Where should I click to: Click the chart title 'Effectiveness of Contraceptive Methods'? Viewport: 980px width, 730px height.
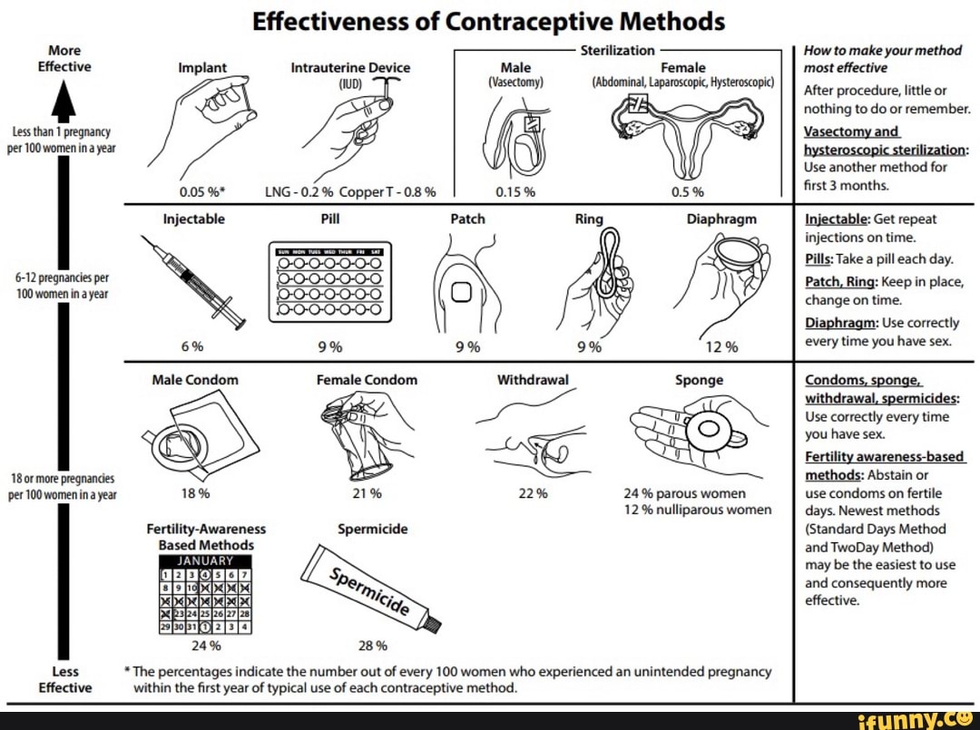coord(488,21)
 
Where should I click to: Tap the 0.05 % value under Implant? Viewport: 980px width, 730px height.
coord(193,191)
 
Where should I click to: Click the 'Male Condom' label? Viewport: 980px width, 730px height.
coord(195,380)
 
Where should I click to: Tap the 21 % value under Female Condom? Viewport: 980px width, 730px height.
coord(367,493)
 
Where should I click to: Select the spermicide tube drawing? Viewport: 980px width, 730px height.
coord(372,588)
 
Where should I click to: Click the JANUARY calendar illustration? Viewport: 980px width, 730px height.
coord(206,594)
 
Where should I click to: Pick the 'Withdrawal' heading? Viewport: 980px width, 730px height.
coord(533,380)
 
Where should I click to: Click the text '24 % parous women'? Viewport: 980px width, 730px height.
coord(684,493)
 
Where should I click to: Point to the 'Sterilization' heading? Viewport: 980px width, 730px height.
coord(617,51)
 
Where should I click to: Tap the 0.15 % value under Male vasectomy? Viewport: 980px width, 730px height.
coord(516,191)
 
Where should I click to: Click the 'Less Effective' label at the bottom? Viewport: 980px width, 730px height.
coord(64,679)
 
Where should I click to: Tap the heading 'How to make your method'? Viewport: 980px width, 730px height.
coord(882,51)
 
